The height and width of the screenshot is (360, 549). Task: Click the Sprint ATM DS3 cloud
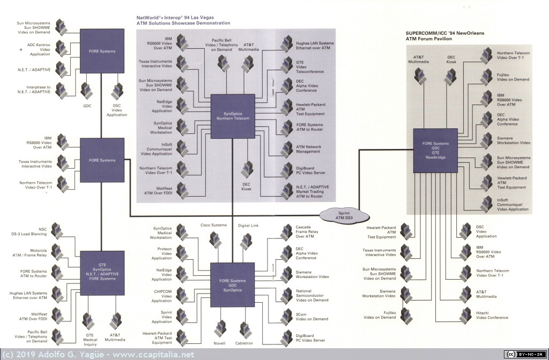[x=344, y=215]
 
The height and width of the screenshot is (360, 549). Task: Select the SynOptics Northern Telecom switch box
[x=233, y=116]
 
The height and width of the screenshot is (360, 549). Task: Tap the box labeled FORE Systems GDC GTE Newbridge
[x=435, y=151]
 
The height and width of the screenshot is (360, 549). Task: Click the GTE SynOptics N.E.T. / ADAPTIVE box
[x=102, y=273]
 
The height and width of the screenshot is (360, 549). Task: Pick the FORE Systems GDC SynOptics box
[x=233, y=285]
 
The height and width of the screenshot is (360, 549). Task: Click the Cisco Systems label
[x=213, y=225]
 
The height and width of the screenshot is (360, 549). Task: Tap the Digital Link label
[x=248, y=226]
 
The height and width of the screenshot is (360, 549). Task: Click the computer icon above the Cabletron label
[x=246, y=329]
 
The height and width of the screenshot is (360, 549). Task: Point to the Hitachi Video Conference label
[x=492, y=315]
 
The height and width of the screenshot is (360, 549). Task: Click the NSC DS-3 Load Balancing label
[x=29, y=231]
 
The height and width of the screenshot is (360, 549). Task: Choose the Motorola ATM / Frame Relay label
[x=29, y=253]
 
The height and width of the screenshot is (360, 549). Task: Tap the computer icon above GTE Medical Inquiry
[x=88, y=321]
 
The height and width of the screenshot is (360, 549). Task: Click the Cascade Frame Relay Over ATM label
[x=307, y=231]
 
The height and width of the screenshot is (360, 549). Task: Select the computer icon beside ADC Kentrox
[x=61, y=49]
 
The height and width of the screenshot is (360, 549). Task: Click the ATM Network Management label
[x=308, y=149]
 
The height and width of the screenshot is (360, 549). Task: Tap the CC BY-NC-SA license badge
[x=525, y=354]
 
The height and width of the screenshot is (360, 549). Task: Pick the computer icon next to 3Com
[x=287, y=317]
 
